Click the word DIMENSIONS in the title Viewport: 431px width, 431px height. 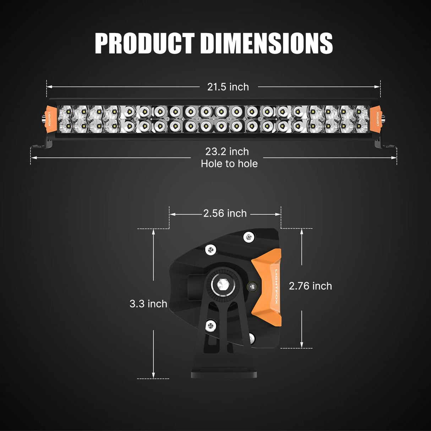(x=266, y=43)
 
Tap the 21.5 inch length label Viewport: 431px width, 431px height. (x=228, y=87)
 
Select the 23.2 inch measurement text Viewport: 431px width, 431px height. (x=227, y=152)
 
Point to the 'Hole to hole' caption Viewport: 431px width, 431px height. (x=229, y=164)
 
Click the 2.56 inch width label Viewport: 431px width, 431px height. (x=225, y=213)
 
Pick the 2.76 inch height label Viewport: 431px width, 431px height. (x=310, y=286)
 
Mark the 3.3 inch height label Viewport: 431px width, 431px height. (x=148, y=304)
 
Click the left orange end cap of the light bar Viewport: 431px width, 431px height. (x=51, y=119)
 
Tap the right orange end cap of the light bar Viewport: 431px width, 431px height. (x=375, y=119)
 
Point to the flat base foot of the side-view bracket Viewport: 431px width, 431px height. (x=224, y=374)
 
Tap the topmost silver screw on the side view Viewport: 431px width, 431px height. (x=249, y=236)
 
